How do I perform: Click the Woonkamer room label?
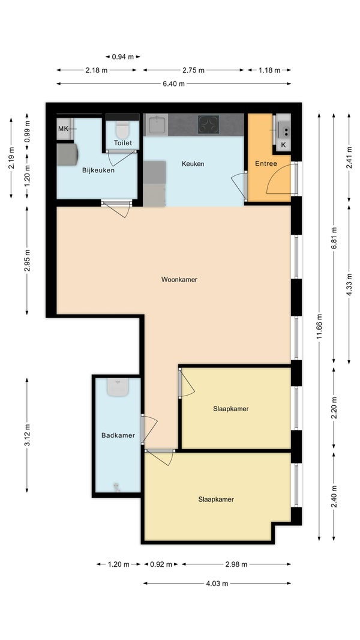pos(179,280)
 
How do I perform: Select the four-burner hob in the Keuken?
pos(208,125)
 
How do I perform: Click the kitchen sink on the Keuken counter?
pos(157,124)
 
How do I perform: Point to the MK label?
pos(63,129)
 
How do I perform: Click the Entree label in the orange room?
pos(266,164)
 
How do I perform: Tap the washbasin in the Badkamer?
pos(118,387)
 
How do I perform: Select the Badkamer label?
pos(118,435)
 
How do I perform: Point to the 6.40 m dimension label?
pos(173,83)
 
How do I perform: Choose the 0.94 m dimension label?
pos(123,56)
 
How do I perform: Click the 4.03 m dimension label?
pos(217,584)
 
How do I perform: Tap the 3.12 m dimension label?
pos(27,435)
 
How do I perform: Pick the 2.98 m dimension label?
pos(236,564)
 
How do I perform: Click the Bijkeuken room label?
pos(98,170)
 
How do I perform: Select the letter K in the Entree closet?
pos(284,145)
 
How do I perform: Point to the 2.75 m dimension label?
pos(193,70)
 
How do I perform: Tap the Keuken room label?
pos(193,164)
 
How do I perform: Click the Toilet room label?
pos(122,143)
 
